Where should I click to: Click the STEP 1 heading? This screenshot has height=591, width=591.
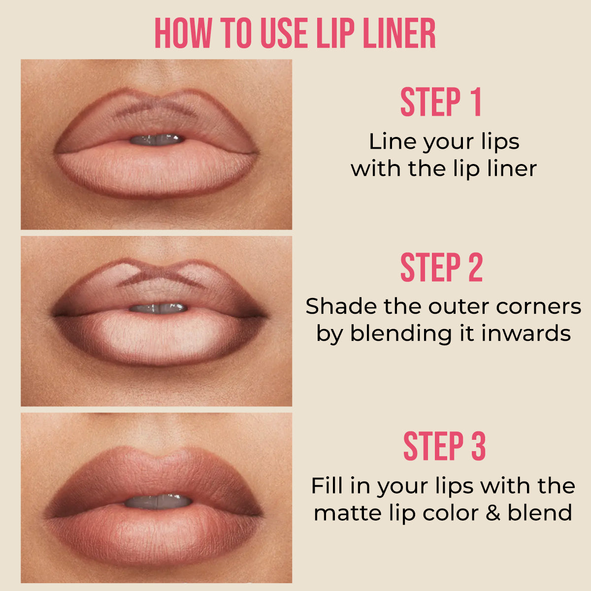point(441,102)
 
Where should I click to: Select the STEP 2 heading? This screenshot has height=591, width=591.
point(441,268)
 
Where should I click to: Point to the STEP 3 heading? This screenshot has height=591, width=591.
point(444,446)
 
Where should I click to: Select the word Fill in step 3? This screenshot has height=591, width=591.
point(325,486)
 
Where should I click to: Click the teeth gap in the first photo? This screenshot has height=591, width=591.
point(157,140)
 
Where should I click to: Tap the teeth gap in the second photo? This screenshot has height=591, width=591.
point(158,308)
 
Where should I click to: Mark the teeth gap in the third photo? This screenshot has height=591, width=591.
point(158,502)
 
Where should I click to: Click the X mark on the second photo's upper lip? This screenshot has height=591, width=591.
point(163,275)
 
